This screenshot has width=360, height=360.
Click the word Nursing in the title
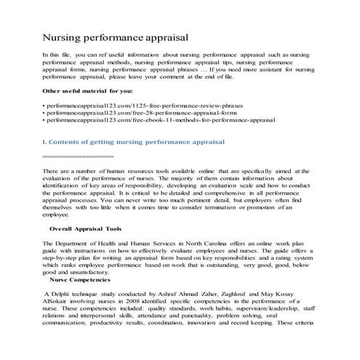[64, 35]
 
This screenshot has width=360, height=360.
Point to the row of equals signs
[79, 156]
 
